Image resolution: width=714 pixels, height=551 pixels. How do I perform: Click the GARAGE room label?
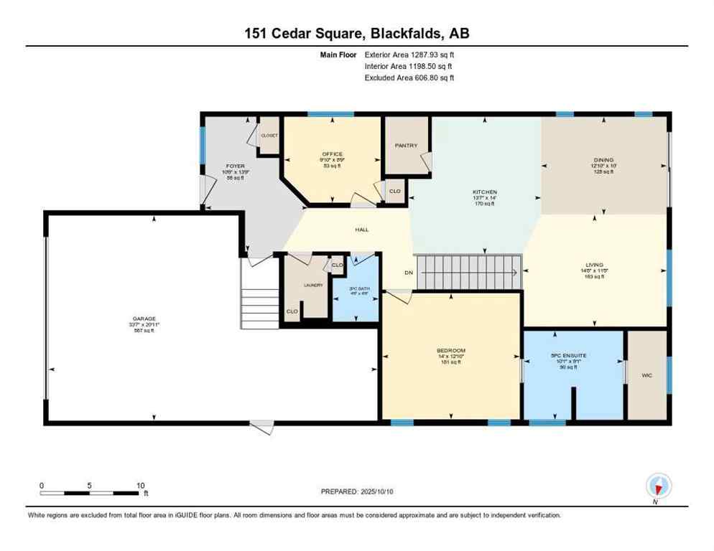(142, 319)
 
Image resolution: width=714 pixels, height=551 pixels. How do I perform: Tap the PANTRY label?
(406, 146)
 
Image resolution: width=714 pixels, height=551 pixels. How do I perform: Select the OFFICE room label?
(332, 154)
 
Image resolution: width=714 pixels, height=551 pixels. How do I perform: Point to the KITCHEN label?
(484, 192)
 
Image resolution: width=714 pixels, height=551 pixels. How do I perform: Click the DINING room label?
(603, 160)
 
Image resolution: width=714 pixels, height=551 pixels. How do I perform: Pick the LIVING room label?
(594, 265)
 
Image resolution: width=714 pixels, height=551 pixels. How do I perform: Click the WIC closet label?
(646, 374)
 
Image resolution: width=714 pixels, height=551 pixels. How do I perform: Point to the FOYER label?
(225, 166)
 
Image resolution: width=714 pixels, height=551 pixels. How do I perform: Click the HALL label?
(362, 230)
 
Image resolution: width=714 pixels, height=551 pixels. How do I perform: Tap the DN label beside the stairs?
(407, 273)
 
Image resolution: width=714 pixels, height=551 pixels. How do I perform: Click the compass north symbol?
(657, 486)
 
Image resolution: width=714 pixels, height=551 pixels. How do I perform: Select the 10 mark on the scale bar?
(141, 485)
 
